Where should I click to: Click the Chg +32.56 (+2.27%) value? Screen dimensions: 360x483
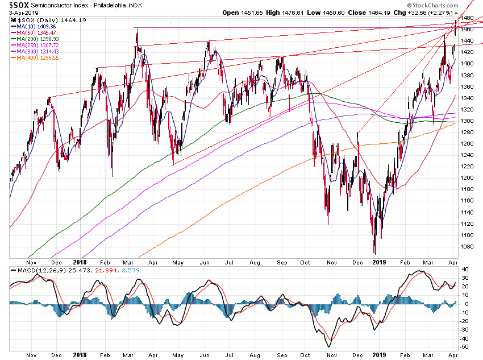[x=435, y=12]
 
